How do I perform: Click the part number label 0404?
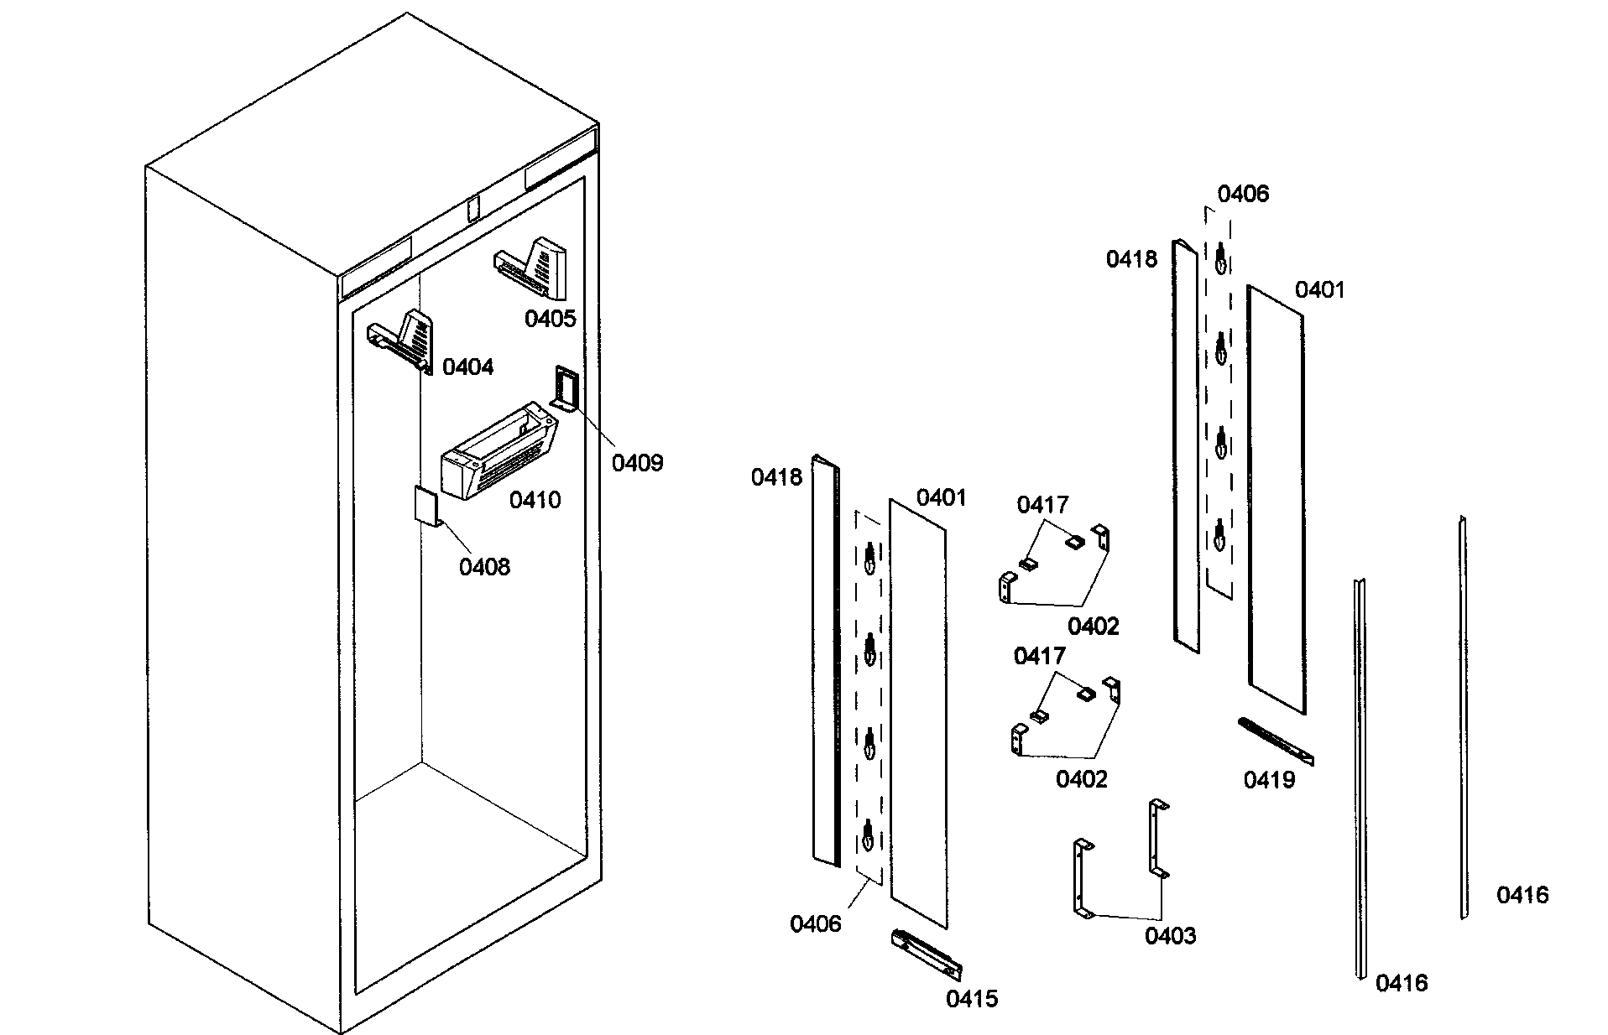coord(467,367)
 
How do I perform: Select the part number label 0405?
coord(550,319)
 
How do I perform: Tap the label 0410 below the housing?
coord(535,501)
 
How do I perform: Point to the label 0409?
coord(637,462)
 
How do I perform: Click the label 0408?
coord(484,567)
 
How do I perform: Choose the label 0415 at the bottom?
coord(972,999)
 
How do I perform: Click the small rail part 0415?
coord(927,954)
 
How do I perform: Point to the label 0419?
coord(1269,780)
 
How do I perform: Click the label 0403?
coord(1170,936)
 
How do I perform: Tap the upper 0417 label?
coord(1042,505)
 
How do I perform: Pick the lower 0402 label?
coord(1081,779)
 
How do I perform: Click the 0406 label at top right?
coord(1243,195)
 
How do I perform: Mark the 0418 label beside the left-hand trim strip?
coord(777,477)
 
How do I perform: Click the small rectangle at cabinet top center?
coord(472,208)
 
